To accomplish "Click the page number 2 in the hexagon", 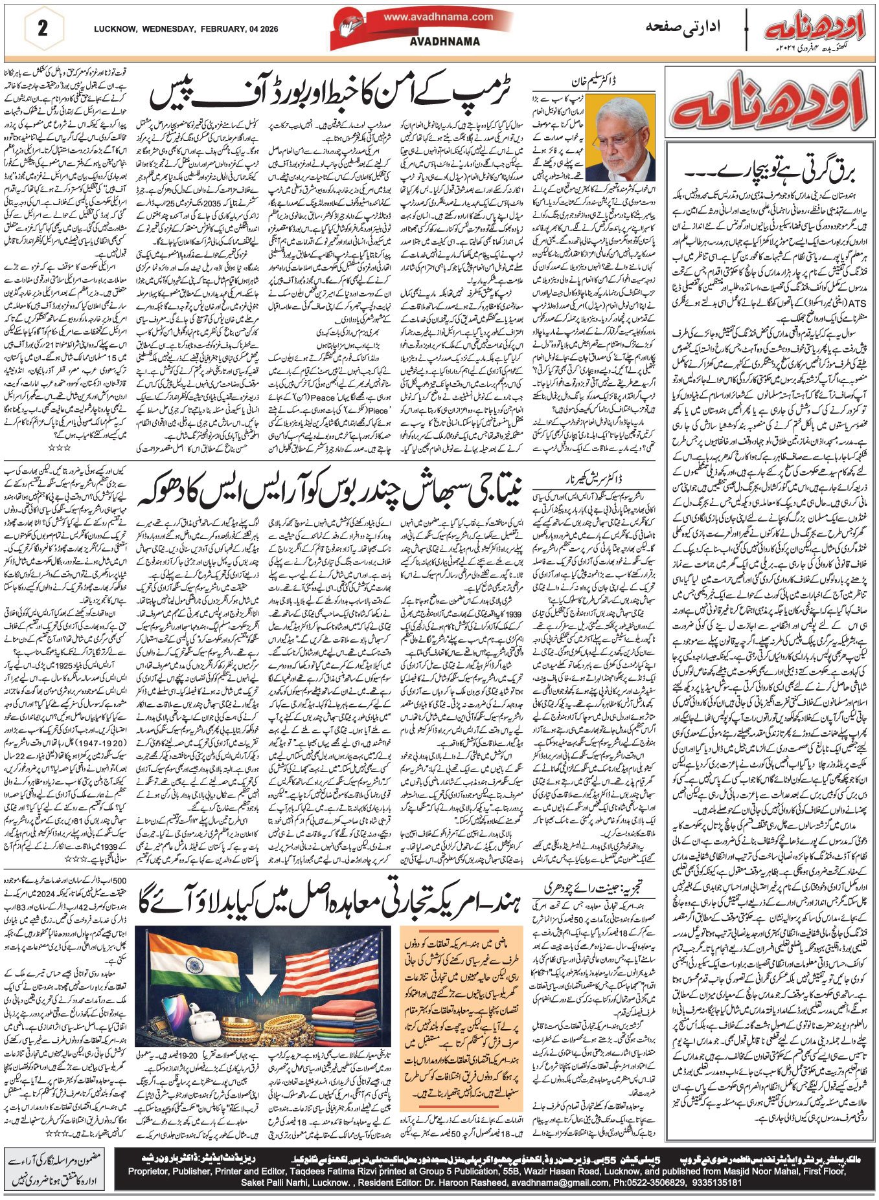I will [x=43, y=28].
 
